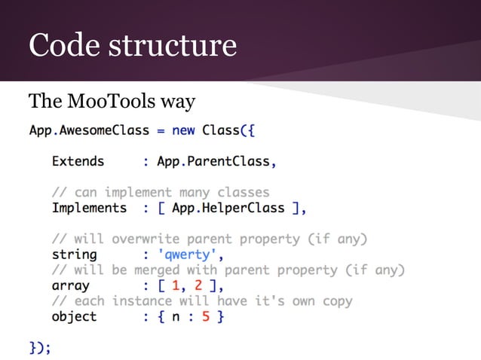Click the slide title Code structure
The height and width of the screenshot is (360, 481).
[132, 44]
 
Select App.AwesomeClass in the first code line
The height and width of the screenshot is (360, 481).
[89, 130]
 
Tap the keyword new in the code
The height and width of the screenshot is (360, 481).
[183, 130]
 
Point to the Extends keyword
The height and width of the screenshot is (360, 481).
[78, 160]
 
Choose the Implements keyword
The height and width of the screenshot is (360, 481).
[89, 208]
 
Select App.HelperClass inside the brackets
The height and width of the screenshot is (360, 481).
[228, 208]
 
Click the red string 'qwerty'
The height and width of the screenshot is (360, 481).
[187, 255]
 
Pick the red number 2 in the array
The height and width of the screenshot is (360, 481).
[198, 285]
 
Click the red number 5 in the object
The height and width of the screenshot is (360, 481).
[206, 316]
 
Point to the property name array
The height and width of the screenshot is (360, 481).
[70, 285]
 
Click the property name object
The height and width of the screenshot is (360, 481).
[74, 316]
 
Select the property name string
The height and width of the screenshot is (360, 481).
[74, 255]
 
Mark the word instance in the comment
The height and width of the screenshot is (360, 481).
[142, 301]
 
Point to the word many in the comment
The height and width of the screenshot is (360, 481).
[195, 192]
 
